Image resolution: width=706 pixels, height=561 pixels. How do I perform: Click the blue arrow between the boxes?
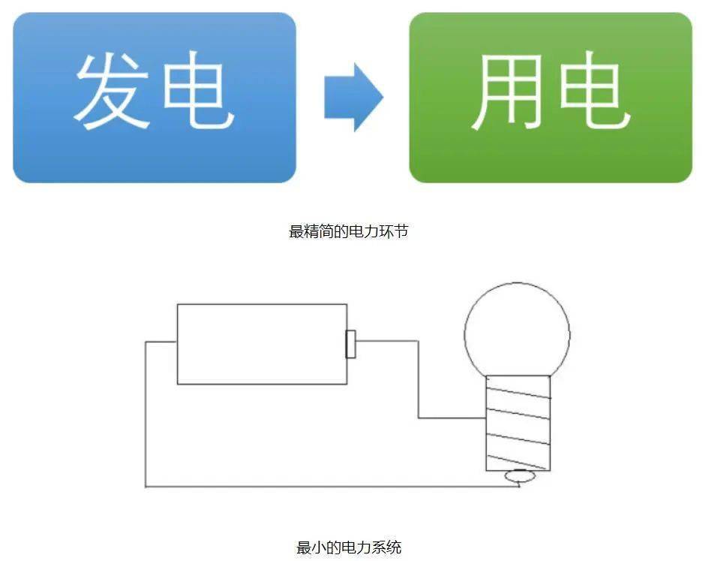coord(353,98)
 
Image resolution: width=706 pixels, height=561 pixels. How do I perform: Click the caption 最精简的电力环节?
coord(349,231)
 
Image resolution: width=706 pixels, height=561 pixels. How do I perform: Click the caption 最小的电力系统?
coord(349,547)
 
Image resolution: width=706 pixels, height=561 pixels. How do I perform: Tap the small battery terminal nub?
coord(350,343)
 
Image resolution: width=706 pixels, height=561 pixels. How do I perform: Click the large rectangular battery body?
coord(262,344)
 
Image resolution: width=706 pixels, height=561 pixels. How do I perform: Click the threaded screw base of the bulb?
coord(518,423)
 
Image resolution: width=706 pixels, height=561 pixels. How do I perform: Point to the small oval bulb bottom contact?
coord(518,475)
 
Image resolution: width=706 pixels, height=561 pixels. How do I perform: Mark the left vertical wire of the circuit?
coord(146,413)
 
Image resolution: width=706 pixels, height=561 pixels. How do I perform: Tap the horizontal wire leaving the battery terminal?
coord(386,341)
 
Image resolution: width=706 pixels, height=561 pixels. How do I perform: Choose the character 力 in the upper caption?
coord(372,231)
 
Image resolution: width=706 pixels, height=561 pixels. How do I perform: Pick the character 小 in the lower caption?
coord(319,547)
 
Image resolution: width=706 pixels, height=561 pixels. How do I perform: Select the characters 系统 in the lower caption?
coord(387,547)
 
